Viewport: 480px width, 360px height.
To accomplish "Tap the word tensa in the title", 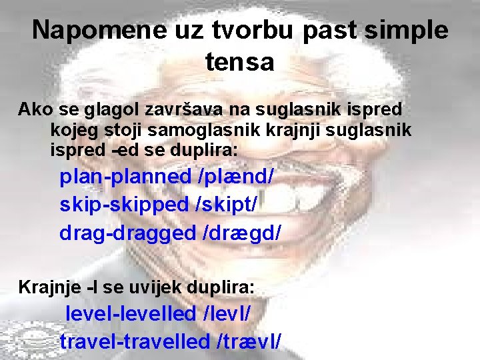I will pyautogui.click(x=240, y=62).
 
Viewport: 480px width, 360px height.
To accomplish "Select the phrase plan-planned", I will pyautogui.click(x=125, y=177).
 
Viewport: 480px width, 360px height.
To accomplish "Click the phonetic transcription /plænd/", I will pyautogui.click(x=236, y=177).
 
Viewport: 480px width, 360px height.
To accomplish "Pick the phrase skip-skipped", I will pyautogui.click(x=125, y=205).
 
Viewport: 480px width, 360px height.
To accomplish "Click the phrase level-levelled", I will pyautogui.click(x=131, y=313).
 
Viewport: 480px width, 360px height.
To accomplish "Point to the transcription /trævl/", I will pyautogui.click(x=249, y=341).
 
